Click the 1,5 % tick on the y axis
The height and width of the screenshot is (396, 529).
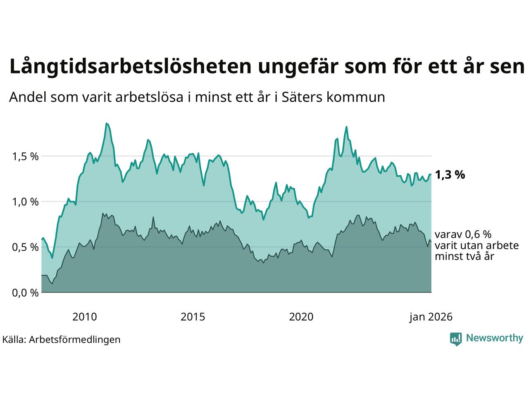pyautogui.click(x=26, y=157)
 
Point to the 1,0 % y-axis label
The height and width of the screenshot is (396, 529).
pyautogui.click(x=26, y=202)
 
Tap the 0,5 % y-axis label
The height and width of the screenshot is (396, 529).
pyautogui.click(x=26, y=247)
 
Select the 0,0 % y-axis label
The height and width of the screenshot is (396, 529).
pyautogui.click(x=26, y=293)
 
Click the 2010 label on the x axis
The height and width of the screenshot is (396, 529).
pyautogui.click(x=85, y=317)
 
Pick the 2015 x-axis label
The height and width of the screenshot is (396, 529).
pyautogui.click(x=193, y=317)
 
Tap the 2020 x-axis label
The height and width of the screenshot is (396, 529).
pyautogui.click(x=301, y=317)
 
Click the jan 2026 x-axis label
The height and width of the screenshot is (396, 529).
pyautogui.click(x=431, y=317)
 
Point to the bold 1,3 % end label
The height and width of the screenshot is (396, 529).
pyautogui.click(x=450, y=175)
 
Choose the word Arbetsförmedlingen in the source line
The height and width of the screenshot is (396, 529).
pyautogui.click(x=75, y=339)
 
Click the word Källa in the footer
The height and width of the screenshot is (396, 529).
pyautogui.click(x=14, y=339)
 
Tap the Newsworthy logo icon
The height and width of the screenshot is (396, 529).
pyautogui.click(x=455, y=339)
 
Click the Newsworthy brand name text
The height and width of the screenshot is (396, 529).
pyautogui.click(x=494, y=338)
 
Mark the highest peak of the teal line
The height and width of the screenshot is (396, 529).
pyautogui.click(x=106, y=123)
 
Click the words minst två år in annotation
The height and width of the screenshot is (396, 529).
pyautogui.click(x=465, y=256)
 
